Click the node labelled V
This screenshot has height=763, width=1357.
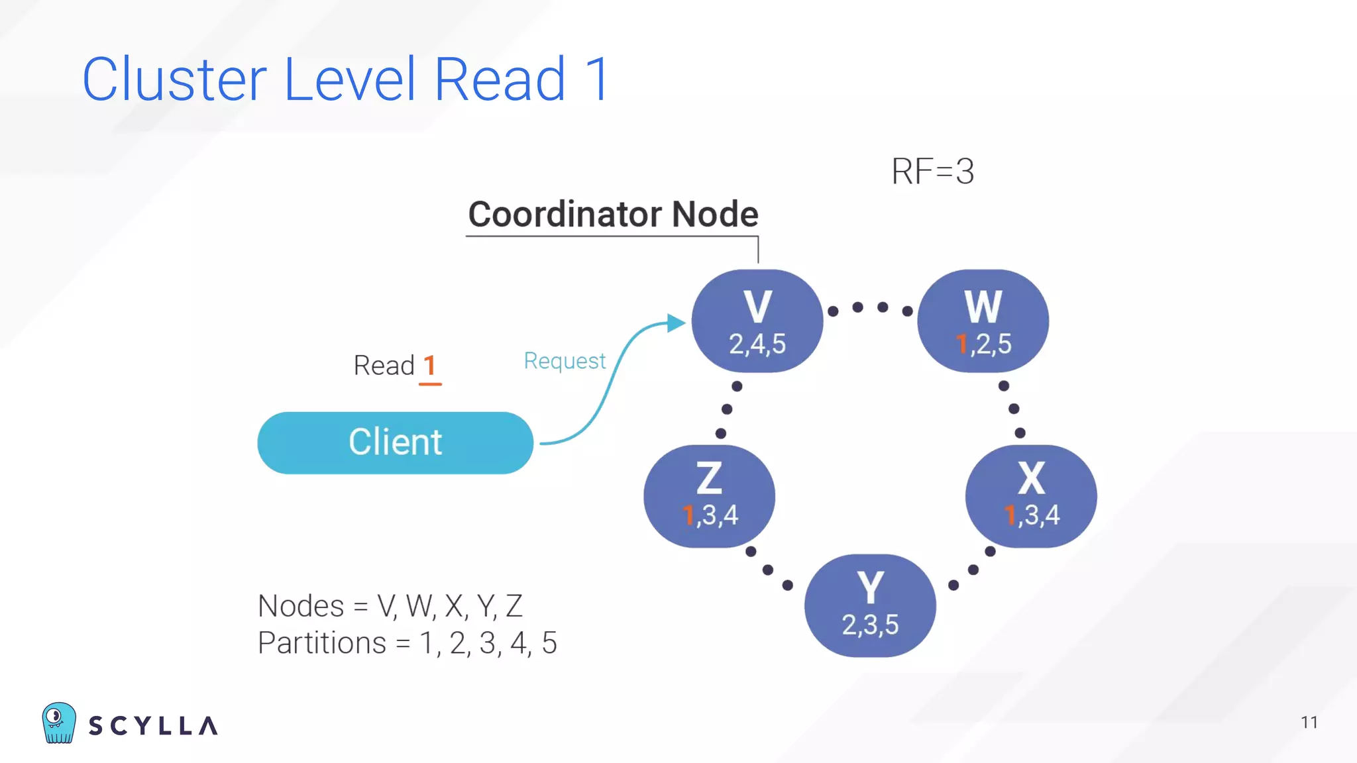(x=757, y=321)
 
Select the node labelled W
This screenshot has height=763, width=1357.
(x=983, y=321)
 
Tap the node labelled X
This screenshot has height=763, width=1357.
(x=1031, y=495)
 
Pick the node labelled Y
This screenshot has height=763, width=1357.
(x=870, y=605)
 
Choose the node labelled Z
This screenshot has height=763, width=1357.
(x=709, y=495)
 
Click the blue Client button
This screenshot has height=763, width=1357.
(x=395, y=442)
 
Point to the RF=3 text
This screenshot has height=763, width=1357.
(x=932, y=172)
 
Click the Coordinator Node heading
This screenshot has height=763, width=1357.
(x=613, y=214)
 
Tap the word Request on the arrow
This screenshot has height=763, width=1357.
(x=565, y=361)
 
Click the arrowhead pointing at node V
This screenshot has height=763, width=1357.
(x=676, y=323)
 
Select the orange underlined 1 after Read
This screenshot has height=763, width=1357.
(x=429, y=366)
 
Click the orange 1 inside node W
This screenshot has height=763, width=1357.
(x=961, y=344)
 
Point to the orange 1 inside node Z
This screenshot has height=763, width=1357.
(x=688, y=515)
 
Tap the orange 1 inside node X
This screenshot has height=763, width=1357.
(x=1010, y=515)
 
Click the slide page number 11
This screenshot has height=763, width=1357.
(x=1309, y=722)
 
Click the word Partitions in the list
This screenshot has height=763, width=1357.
(x=321, y=642)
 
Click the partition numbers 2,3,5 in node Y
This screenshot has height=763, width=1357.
(x=870, y=625)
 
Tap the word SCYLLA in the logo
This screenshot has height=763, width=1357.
(x=153, y=726)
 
